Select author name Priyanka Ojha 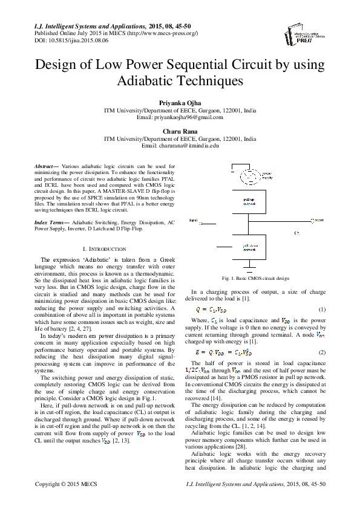pos(180,104)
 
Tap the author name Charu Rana pos(180,131)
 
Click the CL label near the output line pos(297,232)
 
